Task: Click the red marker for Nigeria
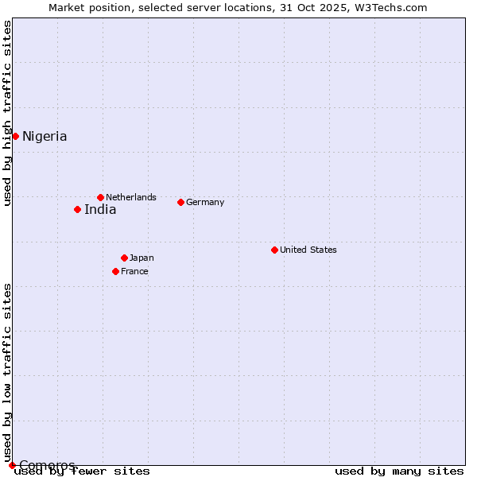15,136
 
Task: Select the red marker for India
77,209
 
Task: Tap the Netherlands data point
100,197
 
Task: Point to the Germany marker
180,202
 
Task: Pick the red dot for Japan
124,258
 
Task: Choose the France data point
115,271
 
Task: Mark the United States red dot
274,250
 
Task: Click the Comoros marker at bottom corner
12,465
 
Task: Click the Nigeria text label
45,137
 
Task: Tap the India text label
100,210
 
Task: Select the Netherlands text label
131,197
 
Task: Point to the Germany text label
205,202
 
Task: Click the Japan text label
142,258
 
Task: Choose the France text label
134,271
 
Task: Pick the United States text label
308,250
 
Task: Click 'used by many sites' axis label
399,471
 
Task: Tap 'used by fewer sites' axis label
83,471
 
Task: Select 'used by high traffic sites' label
7,113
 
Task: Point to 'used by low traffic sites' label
7,372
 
